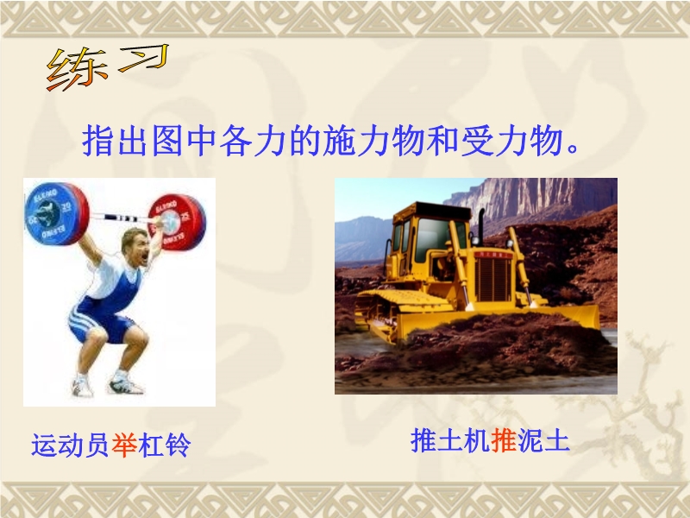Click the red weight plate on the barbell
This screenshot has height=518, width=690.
pyautogui.click(x=178, y=222)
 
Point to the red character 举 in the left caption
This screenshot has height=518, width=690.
pyautogui.click(x=124, y=445)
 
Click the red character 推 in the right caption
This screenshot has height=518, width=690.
pyautogui.click(x=504, y=440)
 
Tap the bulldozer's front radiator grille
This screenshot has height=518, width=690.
pyautogui.click(x=492, y=278)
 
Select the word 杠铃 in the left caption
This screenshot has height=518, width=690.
pyautogui.click(x=165, y=445)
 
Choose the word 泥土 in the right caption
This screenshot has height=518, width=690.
pyautogui.click(x=543, y=440)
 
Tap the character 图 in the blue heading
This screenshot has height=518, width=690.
pyautogui.click(x=167, y=142)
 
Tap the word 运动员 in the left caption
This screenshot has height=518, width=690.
pyautogui.click(x=71, y=445)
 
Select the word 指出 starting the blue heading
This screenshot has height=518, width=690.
pyautogui.click(x=116, y=142)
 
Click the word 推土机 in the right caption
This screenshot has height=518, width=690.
pyautogui.click(x=450, y=440)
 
